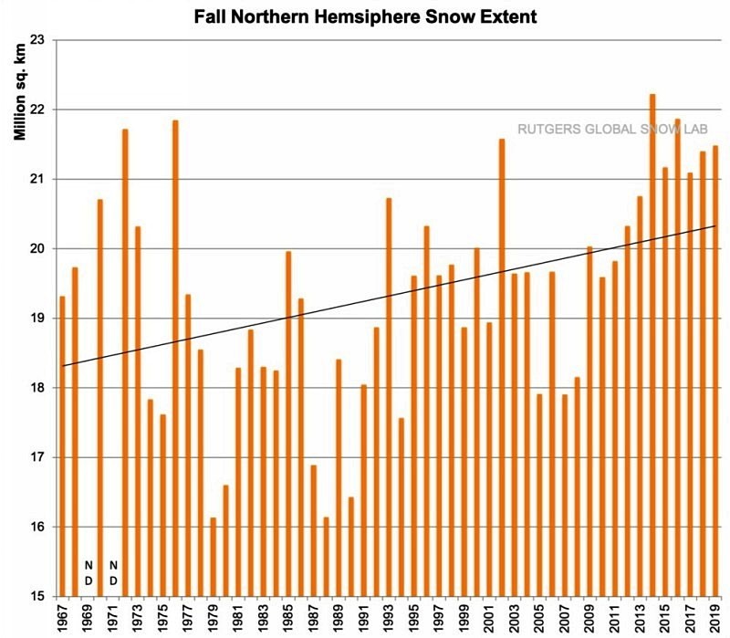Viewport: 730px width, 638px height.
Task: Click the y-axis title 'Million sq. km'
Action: [19, 90]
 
